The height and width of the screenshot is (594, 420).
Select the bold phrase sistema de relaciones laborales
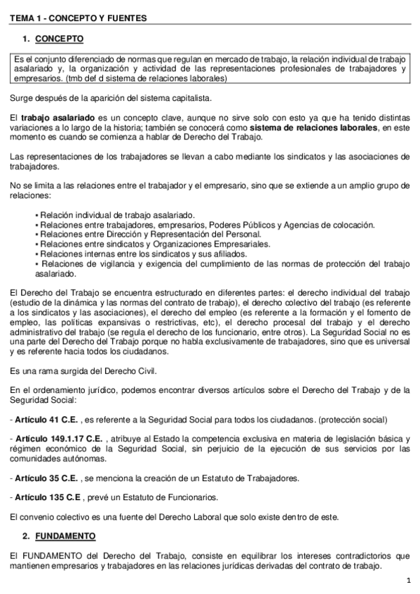tap(313, 129)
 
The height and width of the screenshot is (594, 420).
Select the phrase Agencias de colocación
tap(327, 225)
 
